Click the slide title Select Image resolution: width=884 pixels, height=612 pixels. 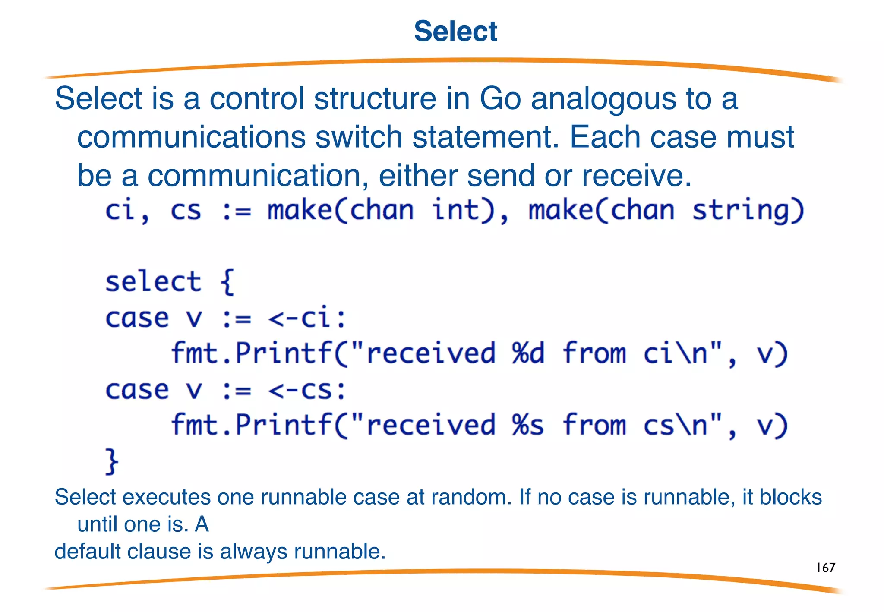click(455, 31)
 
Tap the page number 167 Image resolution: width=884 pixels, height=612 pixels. click(825, 567)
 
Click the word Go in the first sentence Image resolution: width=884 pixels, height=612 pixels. click(500, 98)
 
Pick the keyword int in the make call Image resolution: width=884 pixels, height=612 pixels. click(456, 210)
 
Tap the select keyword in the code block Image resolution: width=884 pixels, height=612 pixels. click(153, 281)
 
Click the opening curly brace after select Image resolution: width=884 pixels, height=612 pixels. click(227, 282)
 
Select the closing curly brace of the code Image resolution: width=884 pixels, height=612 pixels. click(111, 461)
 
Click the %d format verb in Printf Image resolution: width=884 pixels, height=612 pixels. click(528, 353)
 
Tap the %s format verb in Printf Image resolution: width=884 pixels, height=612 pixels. click(528, 425)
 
